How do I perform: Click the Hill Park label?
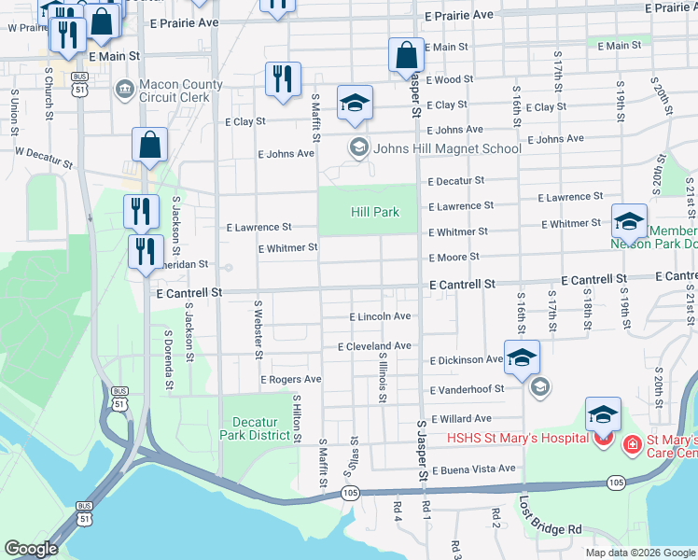(374, 212)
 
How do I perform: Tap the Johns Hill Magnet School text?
(447, 147)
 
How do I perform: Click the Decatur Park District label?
(255, 428)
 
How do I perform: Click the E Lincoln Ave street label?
(380, 317)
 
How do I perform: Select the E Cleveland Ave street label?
(374, 346)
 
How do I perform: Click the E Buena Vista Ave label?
(472, 469)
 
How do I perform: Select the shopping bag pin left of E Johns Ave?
(149, 145)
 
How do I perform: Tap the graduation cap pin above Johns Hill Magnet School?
(355, 104)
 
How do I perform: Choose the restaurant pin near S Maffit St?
(283, 79)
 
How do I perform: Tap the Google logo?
(32, 549)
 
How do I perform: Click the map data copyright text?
(640, 553)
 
